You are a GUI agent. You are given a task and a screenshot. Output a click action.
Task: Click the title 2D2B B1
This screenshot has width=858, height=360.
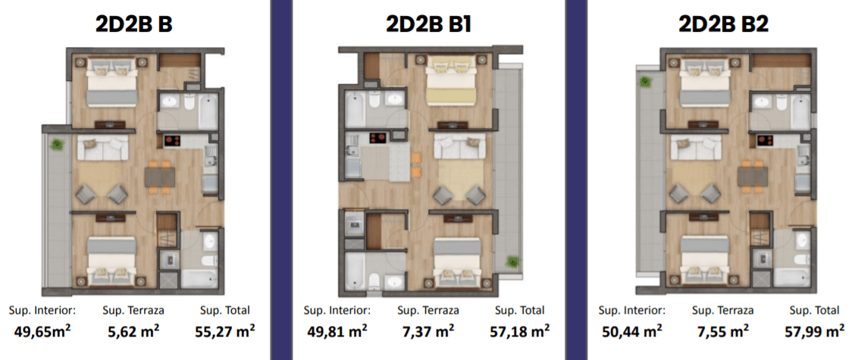pos(428,24)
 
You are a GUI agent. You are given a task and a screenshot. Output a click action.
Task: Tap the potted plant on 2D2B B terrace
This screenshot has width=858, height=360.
pos(56,145)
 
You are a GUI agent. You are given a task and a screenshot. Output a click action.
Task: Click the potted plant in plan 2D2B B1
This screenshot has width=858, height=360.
pos(512,261)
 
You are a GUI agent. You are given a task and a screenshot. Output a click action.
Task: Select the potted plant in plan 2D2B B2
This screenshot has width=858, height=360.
pos(647,83)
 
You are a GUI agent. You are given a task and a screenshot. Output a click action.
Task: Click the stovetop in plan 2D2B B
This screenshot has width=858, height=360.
pos(172,141)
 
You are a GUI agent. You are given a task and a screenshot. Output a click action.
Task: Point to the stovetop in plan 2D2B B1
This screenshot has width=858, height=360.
pos(377,137)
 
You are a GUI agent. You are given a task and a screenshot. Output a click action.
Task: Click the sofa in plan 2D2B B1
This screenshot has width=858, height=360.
pos(459,146)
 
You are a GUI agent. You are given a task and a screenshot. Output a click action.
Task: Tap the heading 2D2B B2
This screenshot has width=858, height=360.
pos(723,24)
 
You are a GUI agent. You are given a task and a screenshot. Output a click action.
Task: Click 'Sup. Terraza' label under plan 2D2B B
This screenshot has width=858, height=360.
pos(133,311)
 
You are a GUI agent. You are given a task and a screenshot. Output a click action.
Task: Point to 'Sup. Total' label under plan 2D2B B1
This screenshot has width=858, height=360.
pos(520,311)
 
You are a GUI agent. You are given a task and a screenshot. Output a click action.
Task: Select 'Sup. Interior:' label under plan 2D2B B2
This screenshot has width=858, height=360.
pos(632,311)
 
